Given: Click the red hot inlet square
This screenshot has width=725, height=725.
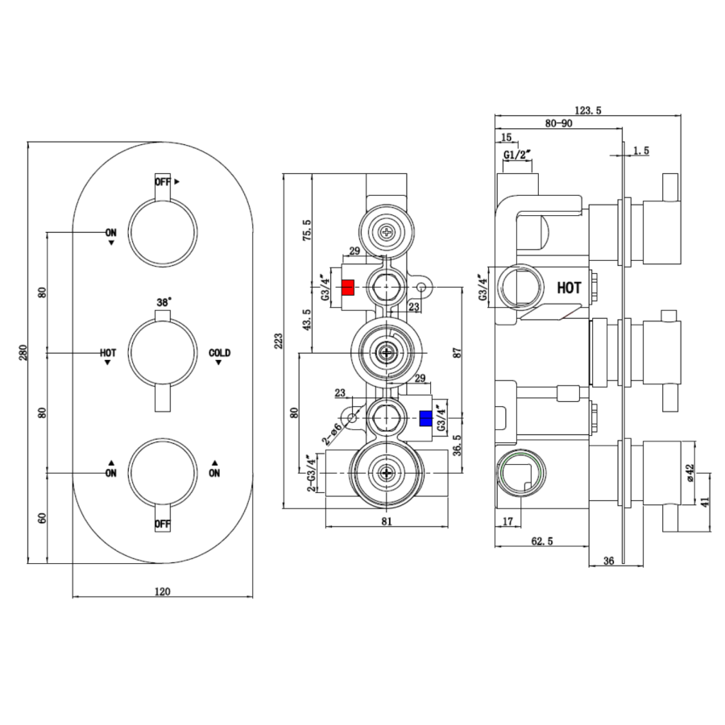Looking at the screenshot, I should pyautogui.click(x=349, y=287).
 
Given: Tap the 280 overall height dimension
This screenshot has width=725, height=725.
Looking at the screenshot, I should pyautogui.click(x=23, y=352).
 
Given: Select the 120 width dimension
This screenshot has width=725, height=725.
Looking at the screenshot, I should pyautogui.click(x=162, y=591).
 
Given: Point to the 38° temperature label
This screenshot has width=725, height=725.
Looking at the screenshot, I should pyautogui.click(x=164, y=303).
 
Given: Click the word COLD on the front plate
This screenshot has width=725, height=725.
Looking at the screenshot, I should pyautogui.click(x=219, y=353).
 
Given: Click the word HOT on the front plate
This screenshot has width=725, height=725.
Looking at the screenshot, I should pyautogui.click(x=108, y=353).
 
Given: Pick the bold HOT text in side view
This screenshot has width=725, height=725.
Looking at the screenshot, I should pyautogui.click(x=569, y=287).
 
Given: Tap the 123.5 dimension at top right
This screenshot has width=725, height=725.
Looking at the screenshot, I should pyautogui.click(x=588, y=110).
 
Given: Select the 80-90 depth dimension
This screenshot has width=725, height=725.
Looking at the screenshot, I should pyautogui.click(x=558, y=123).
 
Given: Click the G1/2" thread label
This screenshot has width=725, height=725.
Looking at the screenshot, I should pyautogui.click(x=516, y=154).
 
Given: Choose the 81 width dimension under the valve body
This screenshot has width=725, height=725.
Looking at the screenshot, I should pyautogui.click(x=386, y=522).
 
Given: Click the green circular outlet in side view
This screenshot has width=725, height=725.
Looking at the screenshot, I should pyautogui.click(x=516, y=473).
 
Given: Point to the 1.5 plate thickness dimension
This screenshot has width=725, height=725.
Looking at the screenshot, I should pyautogui.click(x=641, y=151).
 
